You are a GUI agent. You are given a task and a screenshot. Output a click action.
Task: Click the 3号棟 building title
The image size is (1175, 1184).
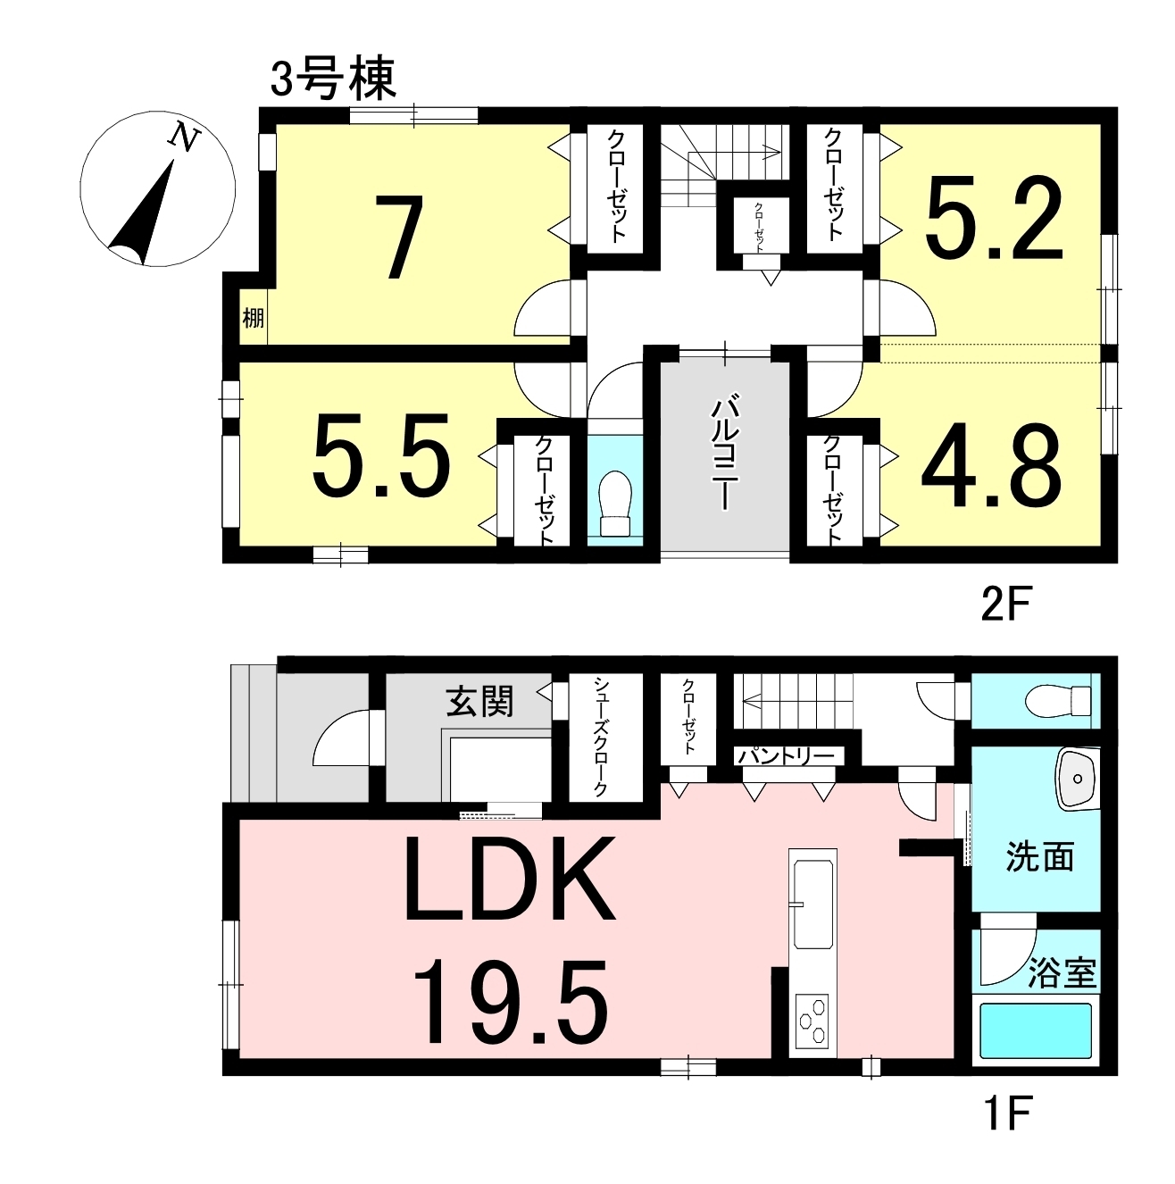(334, 79)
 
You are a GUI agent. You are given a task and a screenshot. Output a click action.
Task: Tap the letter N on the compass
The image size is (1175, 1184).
(184, 138)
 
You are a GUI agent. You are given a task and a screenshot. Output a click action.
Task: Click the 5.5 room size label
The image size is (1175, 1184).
(381, 454)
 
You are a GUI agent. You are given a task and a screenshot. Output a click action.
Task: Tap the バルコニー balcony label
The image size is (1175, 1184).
(724, 454)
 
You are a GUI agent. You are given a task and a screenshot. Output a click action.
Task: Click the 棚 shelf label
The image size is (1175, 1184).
(253, 318)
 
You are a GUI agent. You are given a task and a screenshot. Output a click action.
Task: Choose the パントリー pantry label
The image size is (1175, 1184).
(787, 756)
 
